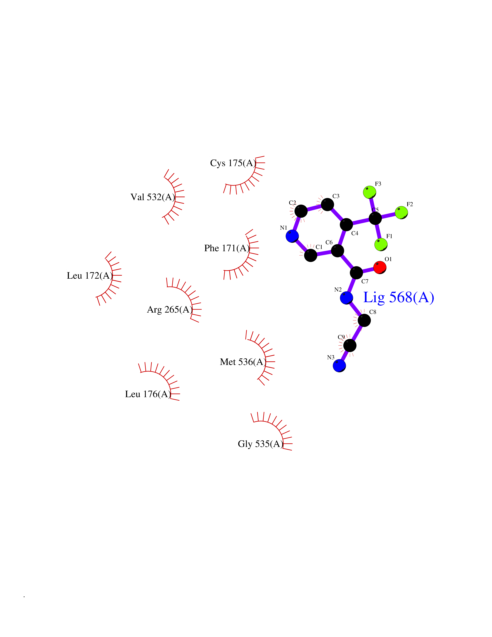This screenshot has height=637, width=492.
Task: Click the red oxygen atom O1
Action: pos(380,267)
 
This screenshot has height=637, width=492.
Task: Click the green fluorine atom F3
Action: pos(370,192)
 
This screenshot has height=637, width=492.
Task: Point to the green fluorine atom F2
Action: pos(401,213)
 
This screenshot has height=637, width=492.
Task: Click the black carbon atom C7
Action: pos(356,273)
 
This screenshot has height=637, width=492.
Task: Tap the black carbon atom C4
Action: pos(346,225)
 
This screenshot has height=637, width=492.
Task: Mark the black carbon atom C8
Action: pos(364,321)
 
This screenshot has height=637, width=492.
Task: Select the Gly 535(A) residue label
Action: pos(261,444)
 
